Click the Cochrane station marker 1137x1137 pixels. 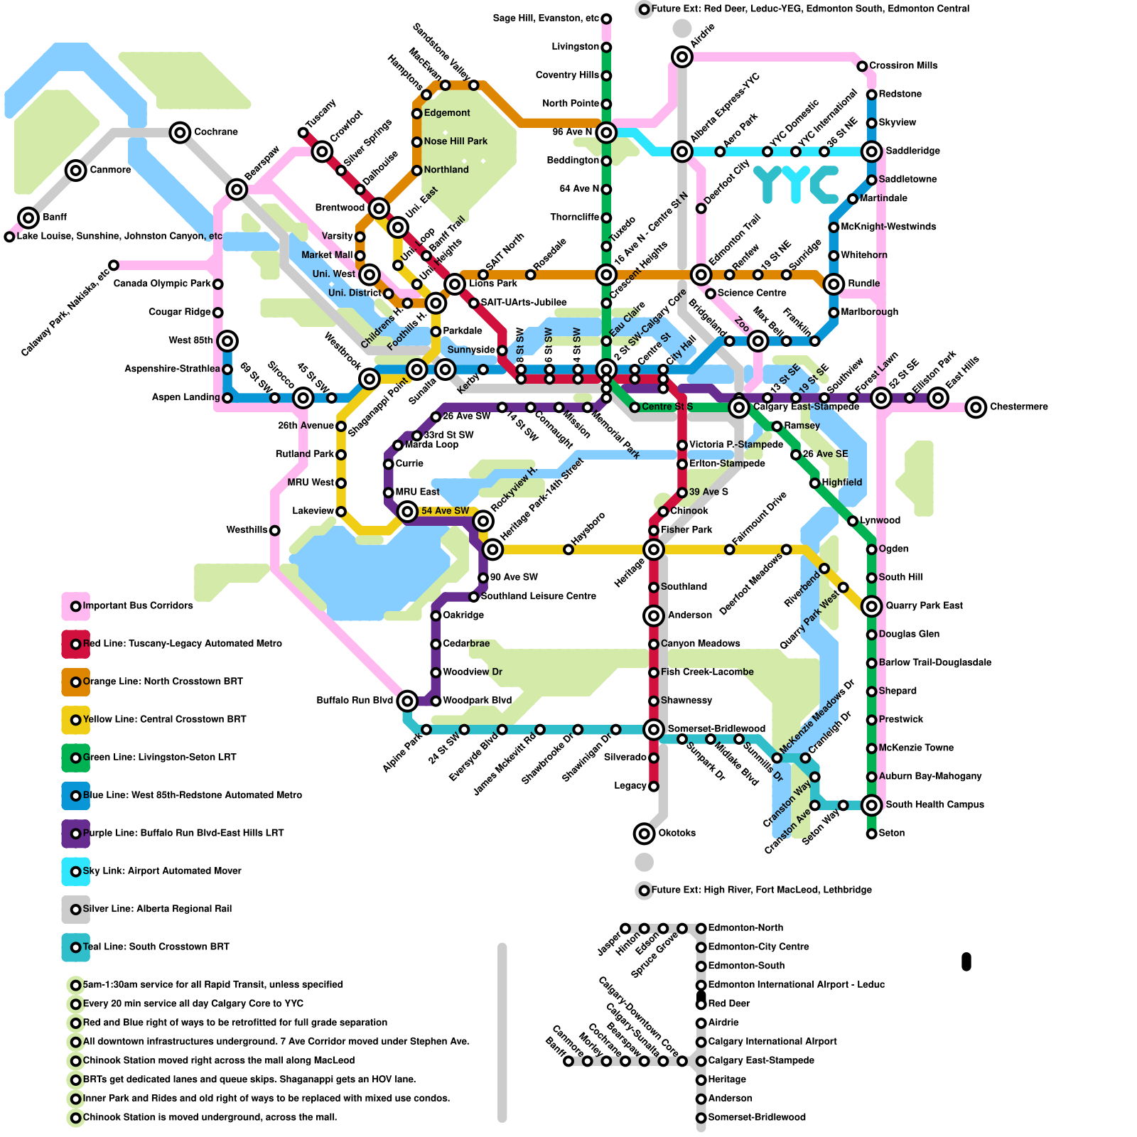pyautogui.click(x=180, y=132)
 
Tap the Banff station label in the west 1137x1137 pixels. pyautogui.click(x=54, y=217)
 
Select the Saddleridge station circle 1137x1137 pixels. pyautogui.click(x=871, y=151)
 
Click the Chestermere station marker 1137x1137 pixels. pyautogui.click(x=976, y=407)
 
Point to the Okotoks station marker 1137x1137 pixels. pyautogui.click(x=644, y=834)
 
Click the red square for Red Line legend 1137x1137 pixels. pyautogui.click(x=75, y=644)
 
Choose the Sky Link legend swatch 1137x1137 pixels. pyautogui.click(x=75, y=871)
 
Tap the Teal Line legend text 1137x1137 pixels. pyautogui.click(x=156, y=947)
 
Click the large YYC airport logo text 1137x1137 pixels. pyautogui.click(x=796, y=184)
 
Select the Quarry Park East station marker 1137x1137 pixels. pyautogui.click(x=871, y=606)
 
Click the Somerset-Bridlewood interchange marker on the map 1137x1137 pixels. pyautogui.click(x=653, y=729)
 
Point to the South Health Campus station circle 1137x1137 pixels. pyautogui.click(x=871, y=805)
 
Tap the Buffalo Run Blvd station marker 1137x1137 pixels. pyautogui.click(x=407, y=701)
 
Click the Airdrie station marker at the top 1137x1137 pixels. pyautogui.click(x=682, y=57)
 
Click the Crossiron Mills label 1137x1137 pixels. pyautogui.click(x=903, y=65)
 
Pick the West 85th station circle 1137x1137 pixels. pyautogui.click(x=227, y=341)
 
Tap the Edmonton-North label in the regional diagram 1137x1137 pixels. pyautogui.click(x=745, y=927)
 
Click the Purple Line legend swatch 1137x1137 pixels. pyautogui.click(x=75, y=834)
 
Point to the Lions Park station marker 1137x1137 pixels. pyautogui.click(x=455, y=284)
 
